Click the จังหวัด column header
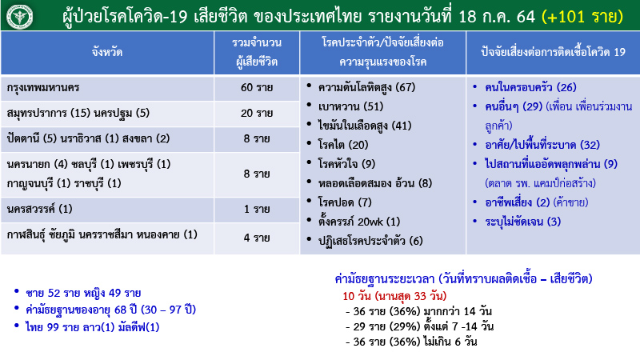[107, 54]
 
